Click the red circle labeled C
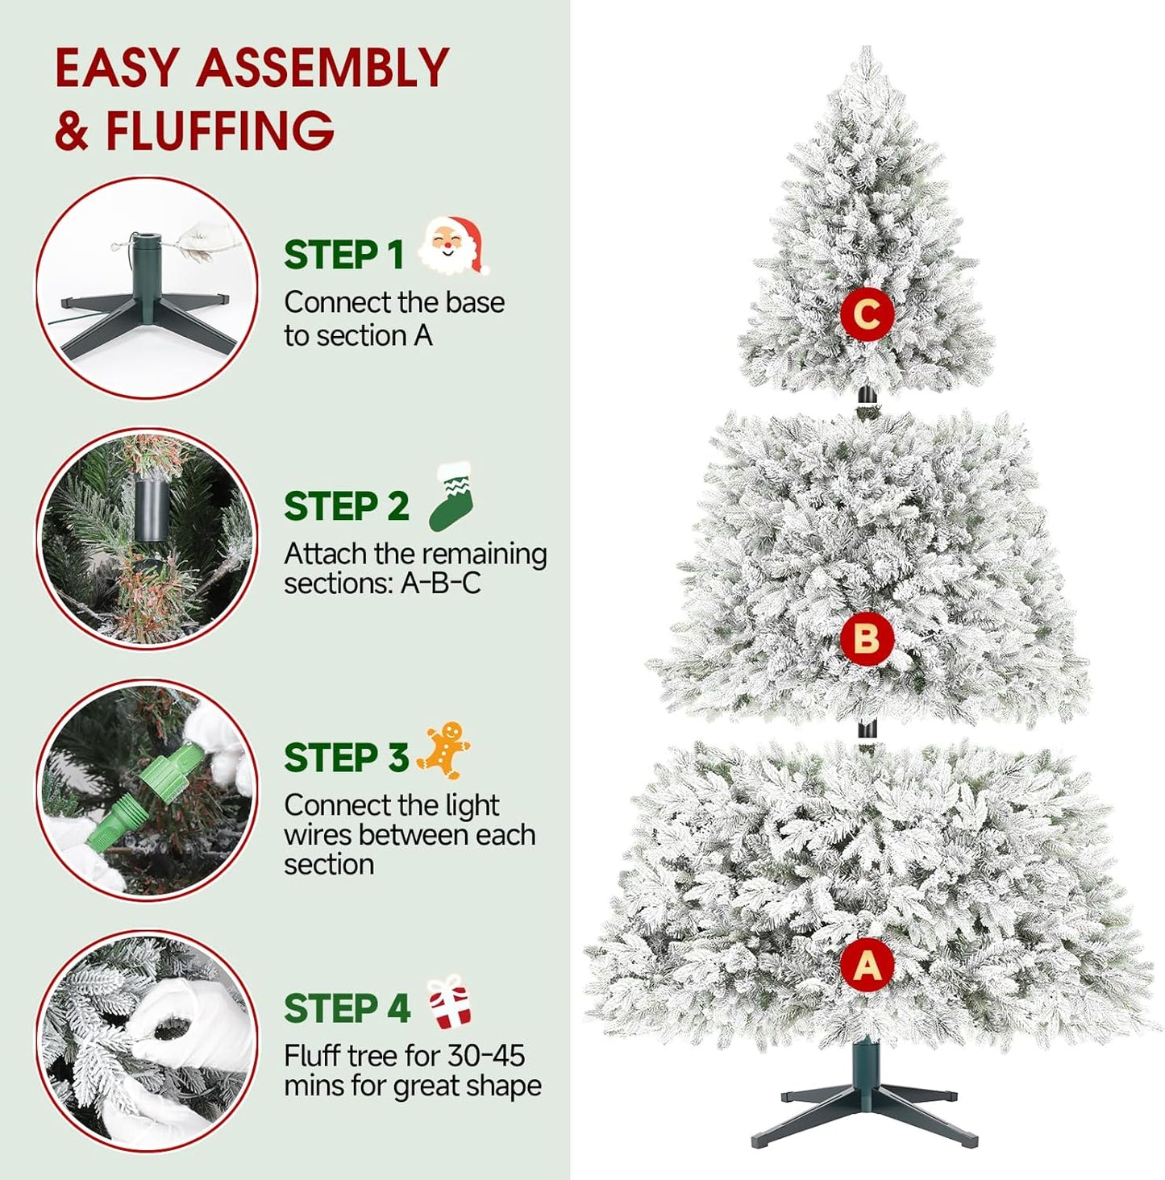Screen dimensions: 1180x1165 pyautogui.click(x=867, y=314)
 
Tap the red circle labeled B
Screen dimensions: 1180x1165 pyautogui.click(x=866, y=639)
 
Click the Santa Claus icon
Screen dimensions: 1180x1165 pyautogui.click(x=455, y=245)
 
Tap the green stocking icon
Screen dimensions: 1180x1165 pyautogui.click(x=451, y=497)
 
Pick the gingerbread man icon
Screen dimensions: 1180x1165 pyautogui.click(x=444, y=750)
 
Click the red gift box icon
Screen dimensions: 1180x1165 pyautogui.click(x=449, y=1001)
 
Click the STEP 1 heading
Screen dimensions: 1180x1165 pyautogui.click(x=343, y=256)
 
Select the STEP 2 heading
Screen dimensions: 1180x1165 pyautogui.click(x=346, y=507)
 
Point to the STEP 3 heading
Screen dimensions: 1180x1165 pyautogui.click(x=346, y=758)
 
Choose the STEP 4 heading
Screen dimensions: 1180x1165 pyautogui.click(x=347, y=1009)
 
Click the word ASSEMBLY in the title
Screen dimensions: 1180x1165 pyautogui.click(x=322, y=68)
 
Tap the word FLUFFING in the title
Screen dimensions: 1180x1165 pyautogui.click(x=219, y=130)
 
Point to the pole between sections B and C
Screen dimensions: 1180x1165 pyautogui.click(x=866, y=403)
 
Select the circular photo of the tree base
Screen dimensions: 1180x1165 pyautogui.click(x=147, y=288)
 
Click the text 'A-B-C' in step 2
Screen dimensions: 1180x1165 pyautogui.click(x=440, y=584)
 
